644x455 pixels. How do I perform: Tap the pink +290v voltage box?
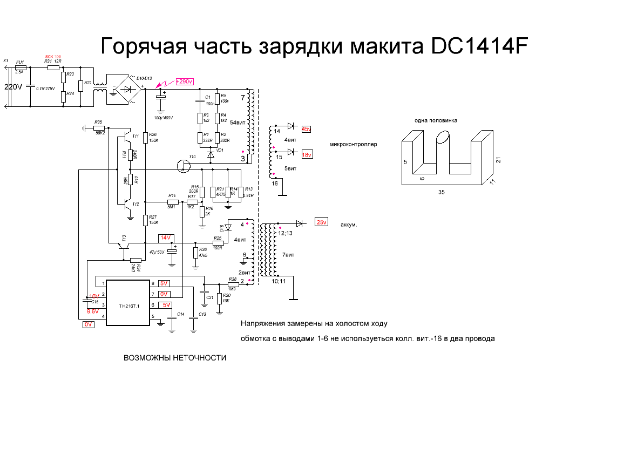[184, 81]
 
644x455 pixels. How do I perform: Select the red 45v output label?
[307, 130]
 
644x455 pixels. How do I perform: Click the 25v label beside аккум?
[322, 222]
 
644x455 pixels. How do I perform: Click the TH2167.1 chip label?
[128, 306]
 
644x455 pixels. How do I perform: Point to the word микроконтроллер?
[354, 145]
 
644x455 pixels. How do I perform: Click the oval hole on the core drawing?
[442, 138]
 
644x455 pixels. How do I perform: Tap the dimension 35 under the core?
[442, 192]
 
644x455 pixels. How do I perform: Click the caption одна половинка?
[436, 120]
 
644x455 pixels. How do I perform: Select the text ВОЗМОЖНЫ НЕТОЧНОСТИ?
[175, 358]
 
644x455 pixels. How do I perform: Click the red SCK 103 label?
[52, 56]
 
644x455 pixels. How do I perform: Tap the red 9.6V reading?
[92, 311]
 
